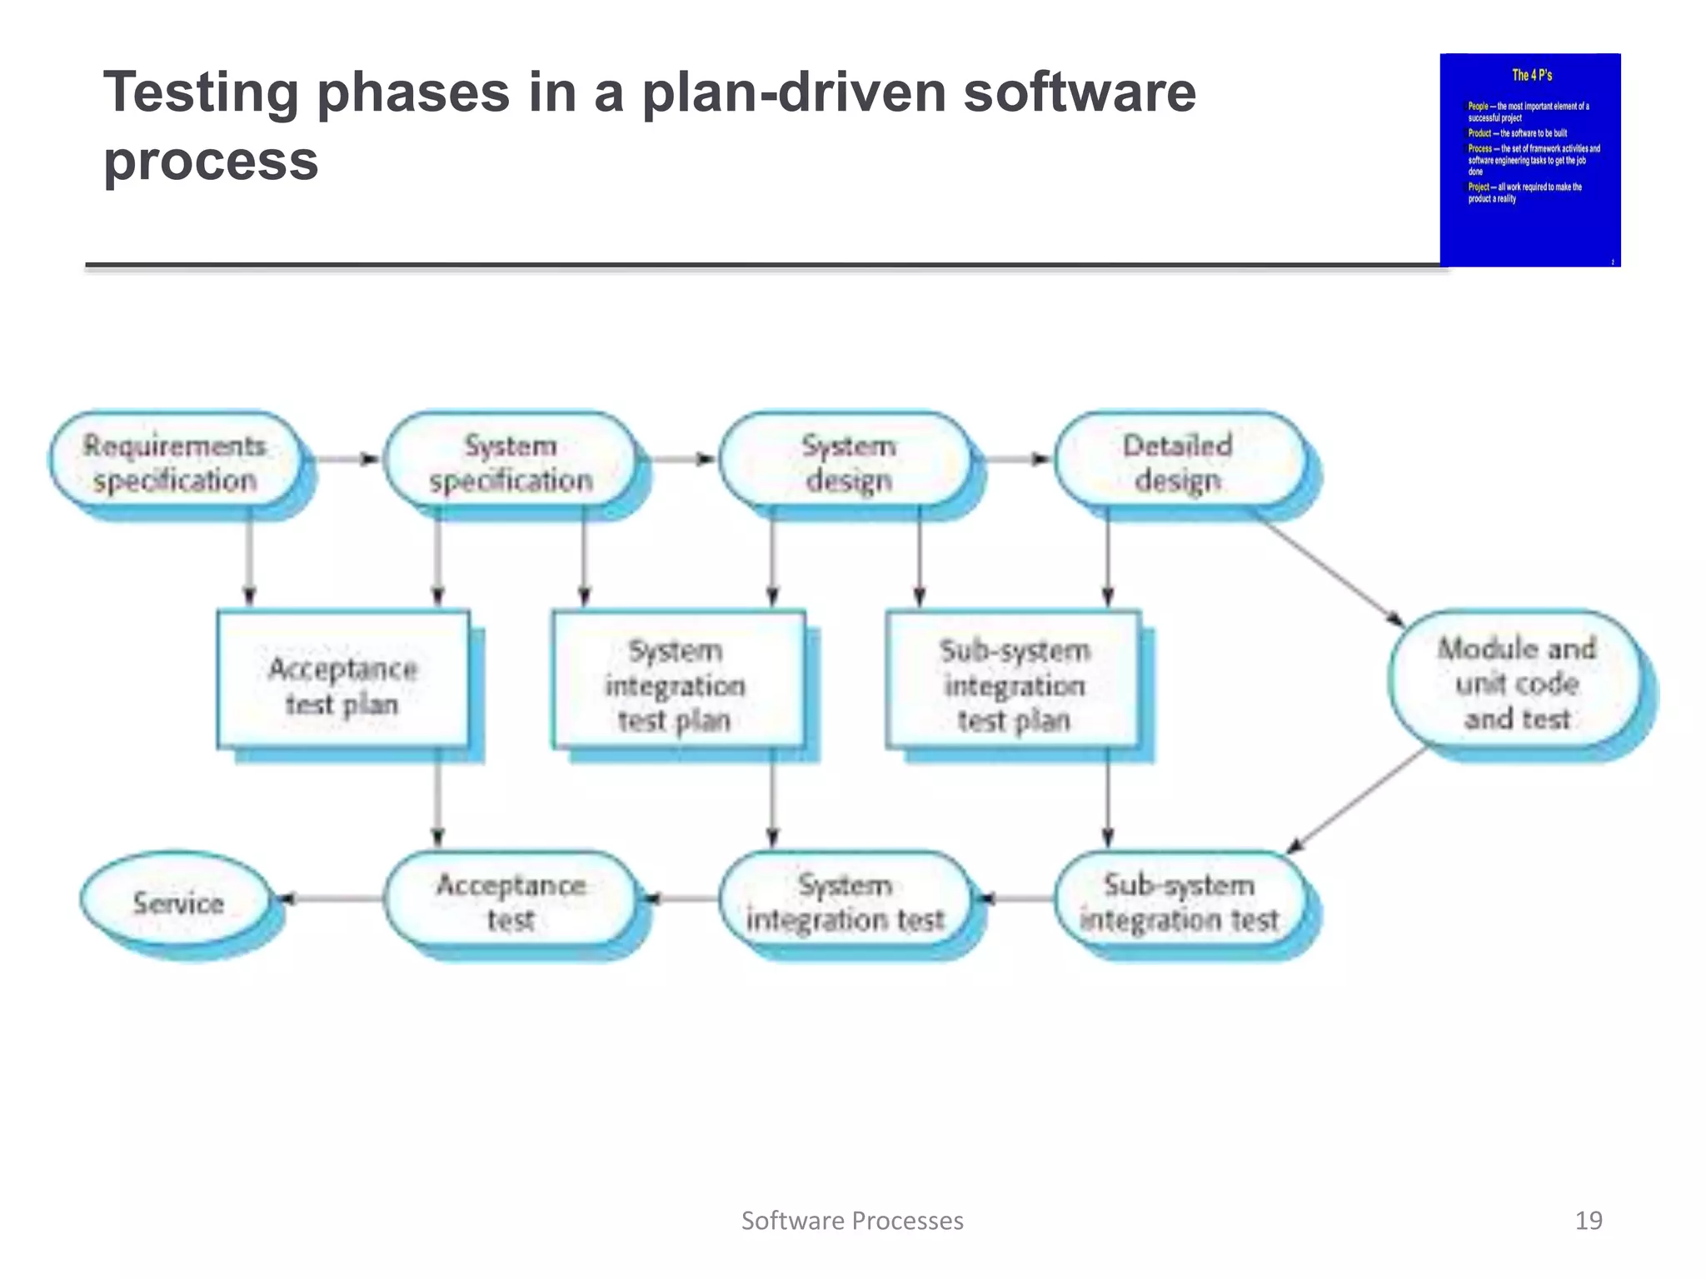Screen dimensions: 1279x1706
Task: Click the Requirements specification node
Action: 175,462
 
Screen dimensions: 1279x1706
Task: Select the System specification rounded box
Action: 510,462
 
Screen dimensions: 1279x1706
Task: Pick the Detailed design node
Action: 1178,462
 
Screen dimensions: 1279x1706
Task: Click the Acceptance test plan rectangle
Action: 342,684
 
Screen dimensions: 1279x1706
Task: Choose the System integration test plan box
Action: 676,684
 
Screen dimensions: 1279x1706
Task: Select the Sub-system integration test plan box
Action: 1013,684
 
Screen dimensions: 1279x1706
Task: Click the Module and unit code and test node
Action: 1516,683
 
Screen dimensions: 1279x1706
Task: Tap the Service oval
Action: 177,902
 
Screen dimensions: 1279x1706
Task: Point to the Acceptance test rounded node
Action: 510,902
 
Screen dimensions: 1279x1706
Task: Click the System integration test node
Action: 845,902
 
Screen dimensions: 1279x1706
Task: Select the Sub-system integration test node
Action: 1178,902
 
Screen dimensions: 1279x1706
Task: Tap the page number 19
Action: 1588,1221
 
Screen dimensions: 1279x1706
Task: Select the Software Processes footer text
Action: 852,1221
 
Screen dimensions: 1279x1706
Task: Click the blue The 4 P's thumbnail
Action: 1530,160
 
